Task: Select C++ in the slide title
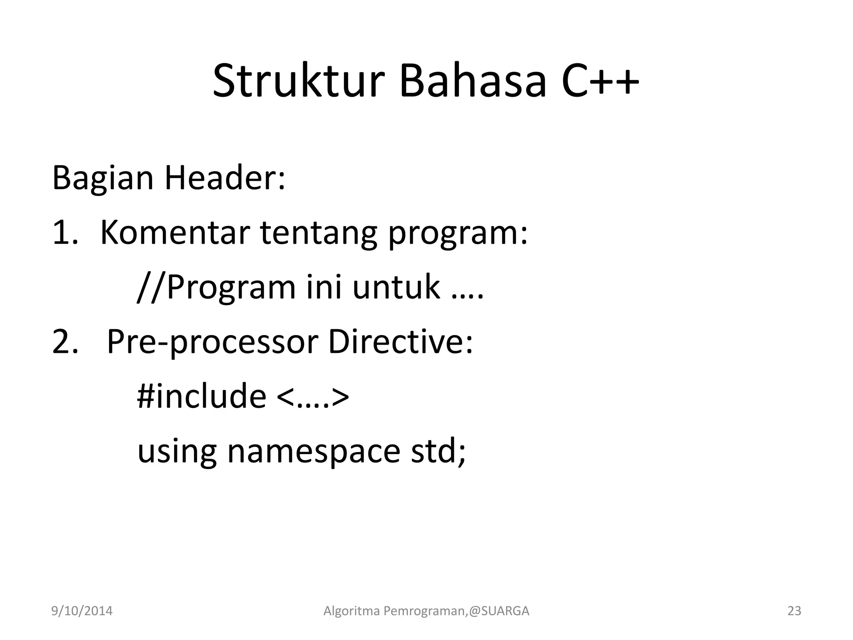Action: point(600,81)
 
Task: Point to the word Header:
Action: point(225,178)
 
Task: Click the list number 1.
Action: point(65,233)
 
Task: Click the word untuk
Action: point(396,287)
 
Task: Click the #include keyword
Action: point(202,396)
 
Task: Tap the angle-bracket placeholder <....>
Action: point(312,397)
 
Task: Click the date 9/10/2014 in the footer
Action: point(82,611)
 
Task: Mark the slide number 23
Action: point(794,611)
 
